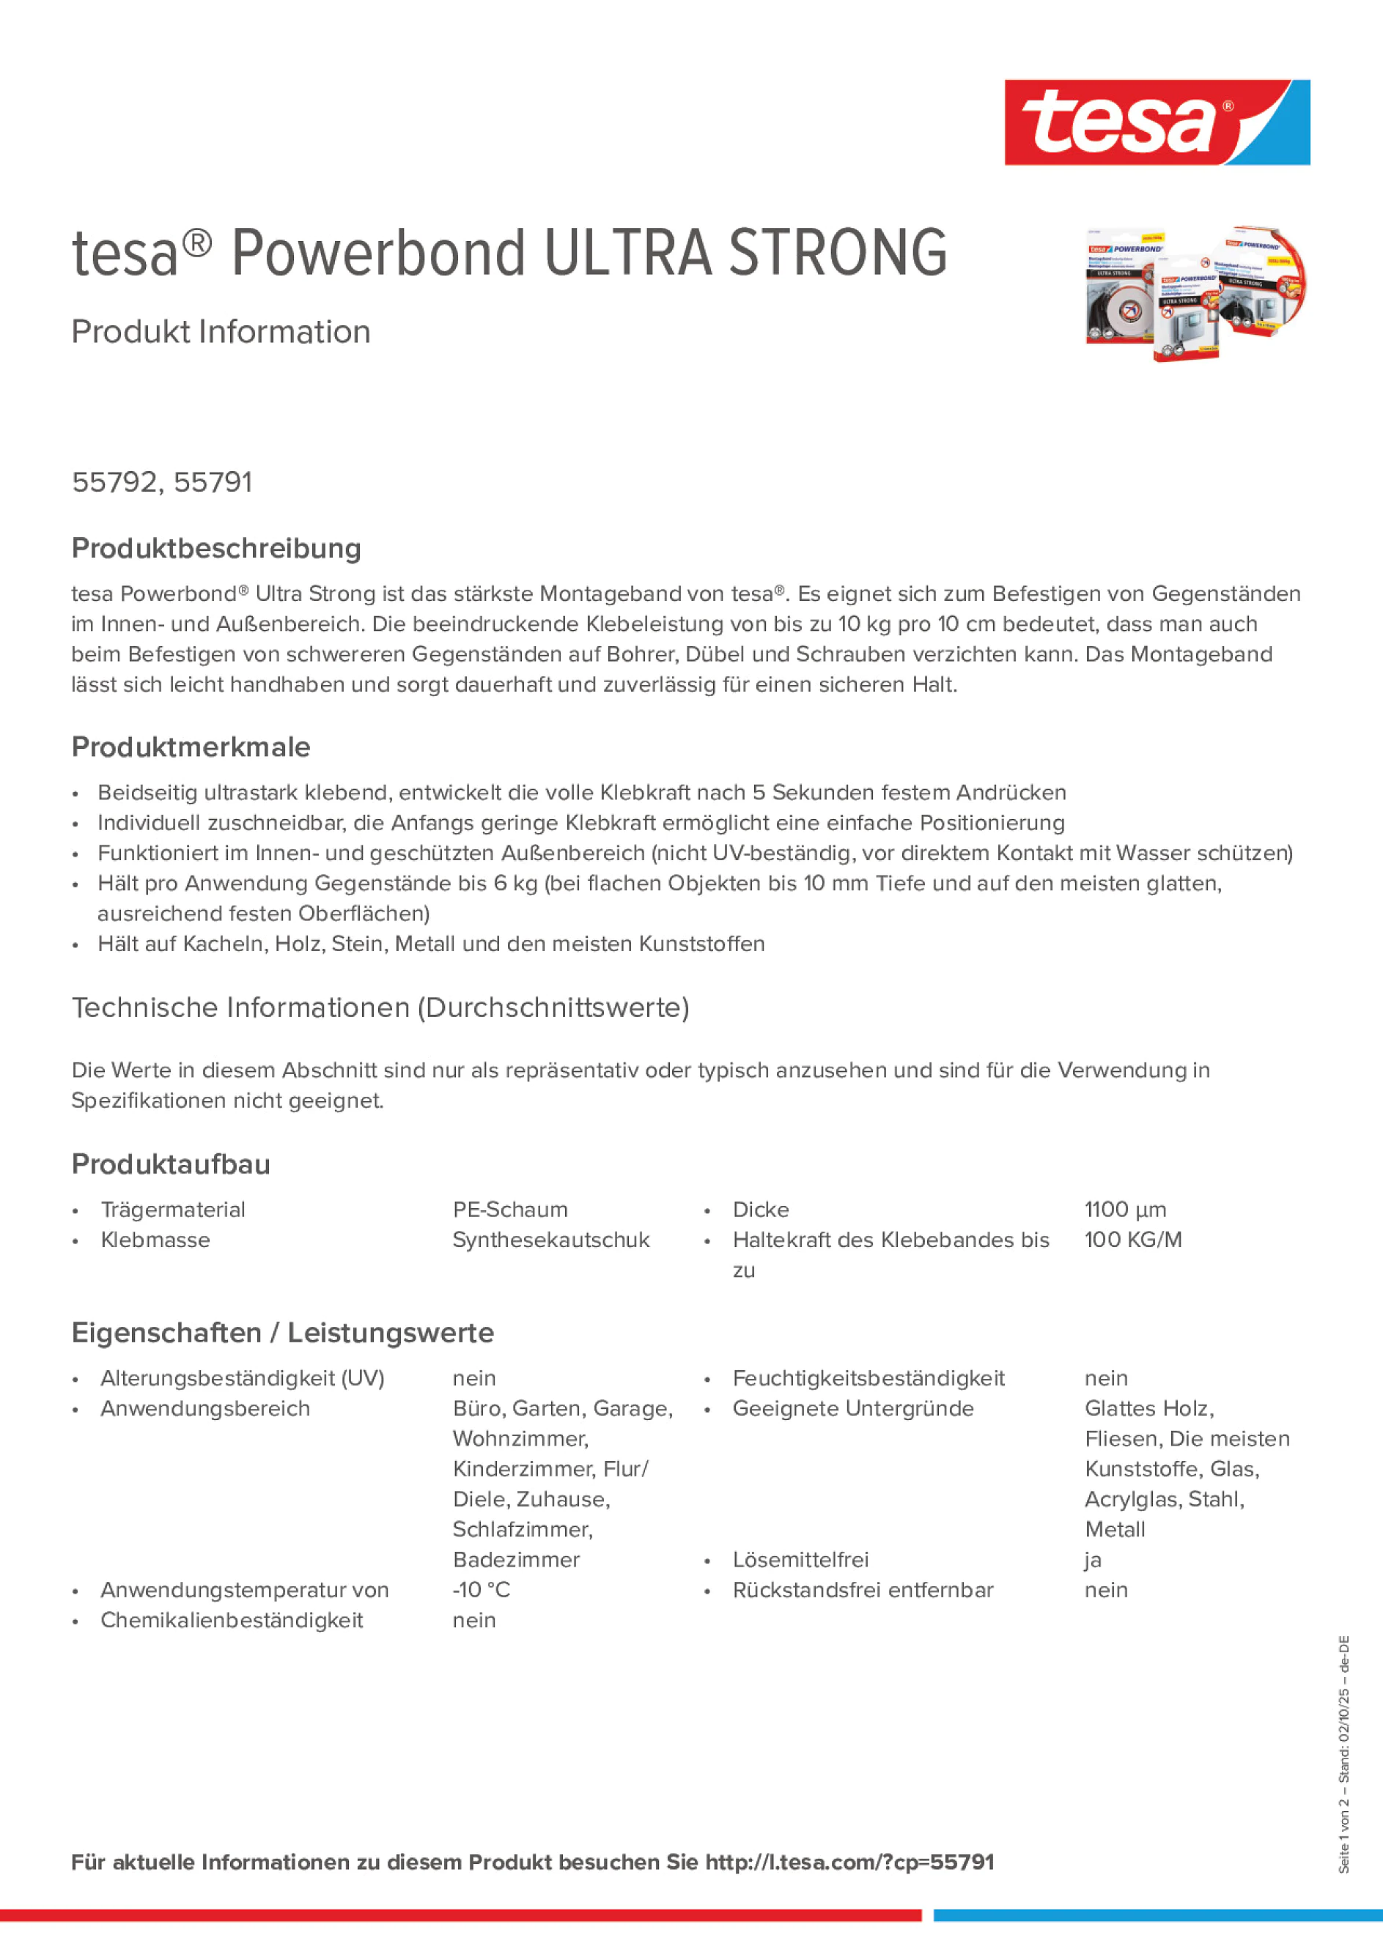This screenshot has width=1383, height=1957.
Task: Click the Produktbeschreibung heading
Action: coord(216,548)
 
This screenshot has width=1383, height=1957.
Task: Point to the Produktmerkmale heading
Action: coord(191,747)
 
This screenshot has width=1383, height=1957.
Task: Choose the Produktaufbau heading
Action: coord(171,1164)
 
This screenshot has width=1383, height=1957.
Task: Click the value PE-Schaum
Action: coord(510,1210)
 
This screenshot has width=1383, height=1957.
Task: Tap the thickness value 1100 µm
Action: coord(1124,1210)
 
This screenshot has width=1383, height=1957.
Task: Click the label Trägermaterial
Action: coord(173,1210)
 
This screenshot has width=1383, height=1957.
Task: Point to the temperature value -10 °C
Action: coord(481,1590)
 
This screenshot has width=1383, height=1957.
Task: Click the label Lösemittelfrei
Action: coord(800,1560)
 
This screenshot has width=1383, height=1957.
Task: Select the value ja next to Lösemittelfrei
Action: coord(1092,1560)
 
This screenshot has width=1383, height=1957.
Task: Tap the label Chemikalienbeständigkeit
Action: coord(232,1619)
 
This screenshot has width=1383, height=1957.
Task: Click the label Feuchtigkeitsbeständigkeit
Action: coord(868,1378)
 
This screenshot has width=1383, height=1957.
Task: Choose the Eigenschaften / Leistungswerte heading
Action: coord(282,1332)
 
